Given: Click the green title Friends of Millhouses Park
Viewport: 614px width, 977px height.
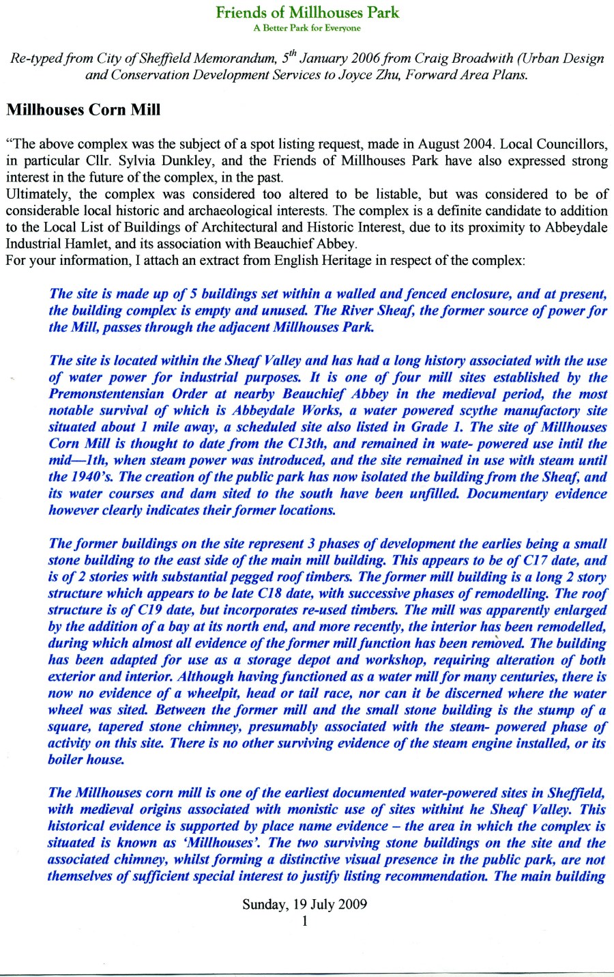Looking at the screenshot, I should coord(307,12).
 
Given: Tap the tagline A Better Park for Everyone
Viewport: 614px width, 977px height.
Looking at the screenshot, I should coord(307,28).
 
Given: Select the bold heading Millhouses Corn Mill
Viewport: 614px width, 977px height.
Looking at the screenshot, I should coord(83,110).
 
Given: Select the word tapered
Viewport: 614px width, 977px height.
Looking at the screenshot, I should coord(128,726).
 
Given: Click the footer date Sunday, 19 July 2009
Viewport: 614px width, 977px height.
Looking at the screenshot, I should coord(305,905).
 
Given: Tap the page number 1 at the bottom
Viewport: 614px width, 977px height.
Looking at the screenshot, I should coord(305,921).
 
